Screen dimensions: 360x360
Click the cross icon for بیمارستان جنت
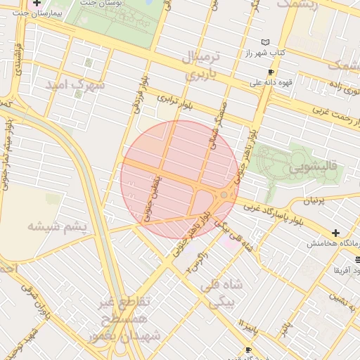(37, 4)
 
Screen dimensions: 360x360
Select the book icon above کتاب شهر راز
(265, 43)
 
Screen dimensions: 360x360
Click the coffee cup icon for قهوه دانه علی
(271, 72)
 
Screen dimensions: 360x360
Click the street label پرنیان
(314, 200)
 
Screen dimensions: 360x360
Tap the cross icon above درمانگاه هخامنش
(336, 233)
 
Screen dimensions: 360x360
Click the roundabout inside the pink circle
(224, 195)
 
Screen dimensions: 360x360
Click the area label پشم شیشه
(57, 226)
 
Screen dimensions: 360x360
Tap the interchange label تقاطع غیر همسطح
(124, 310)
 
